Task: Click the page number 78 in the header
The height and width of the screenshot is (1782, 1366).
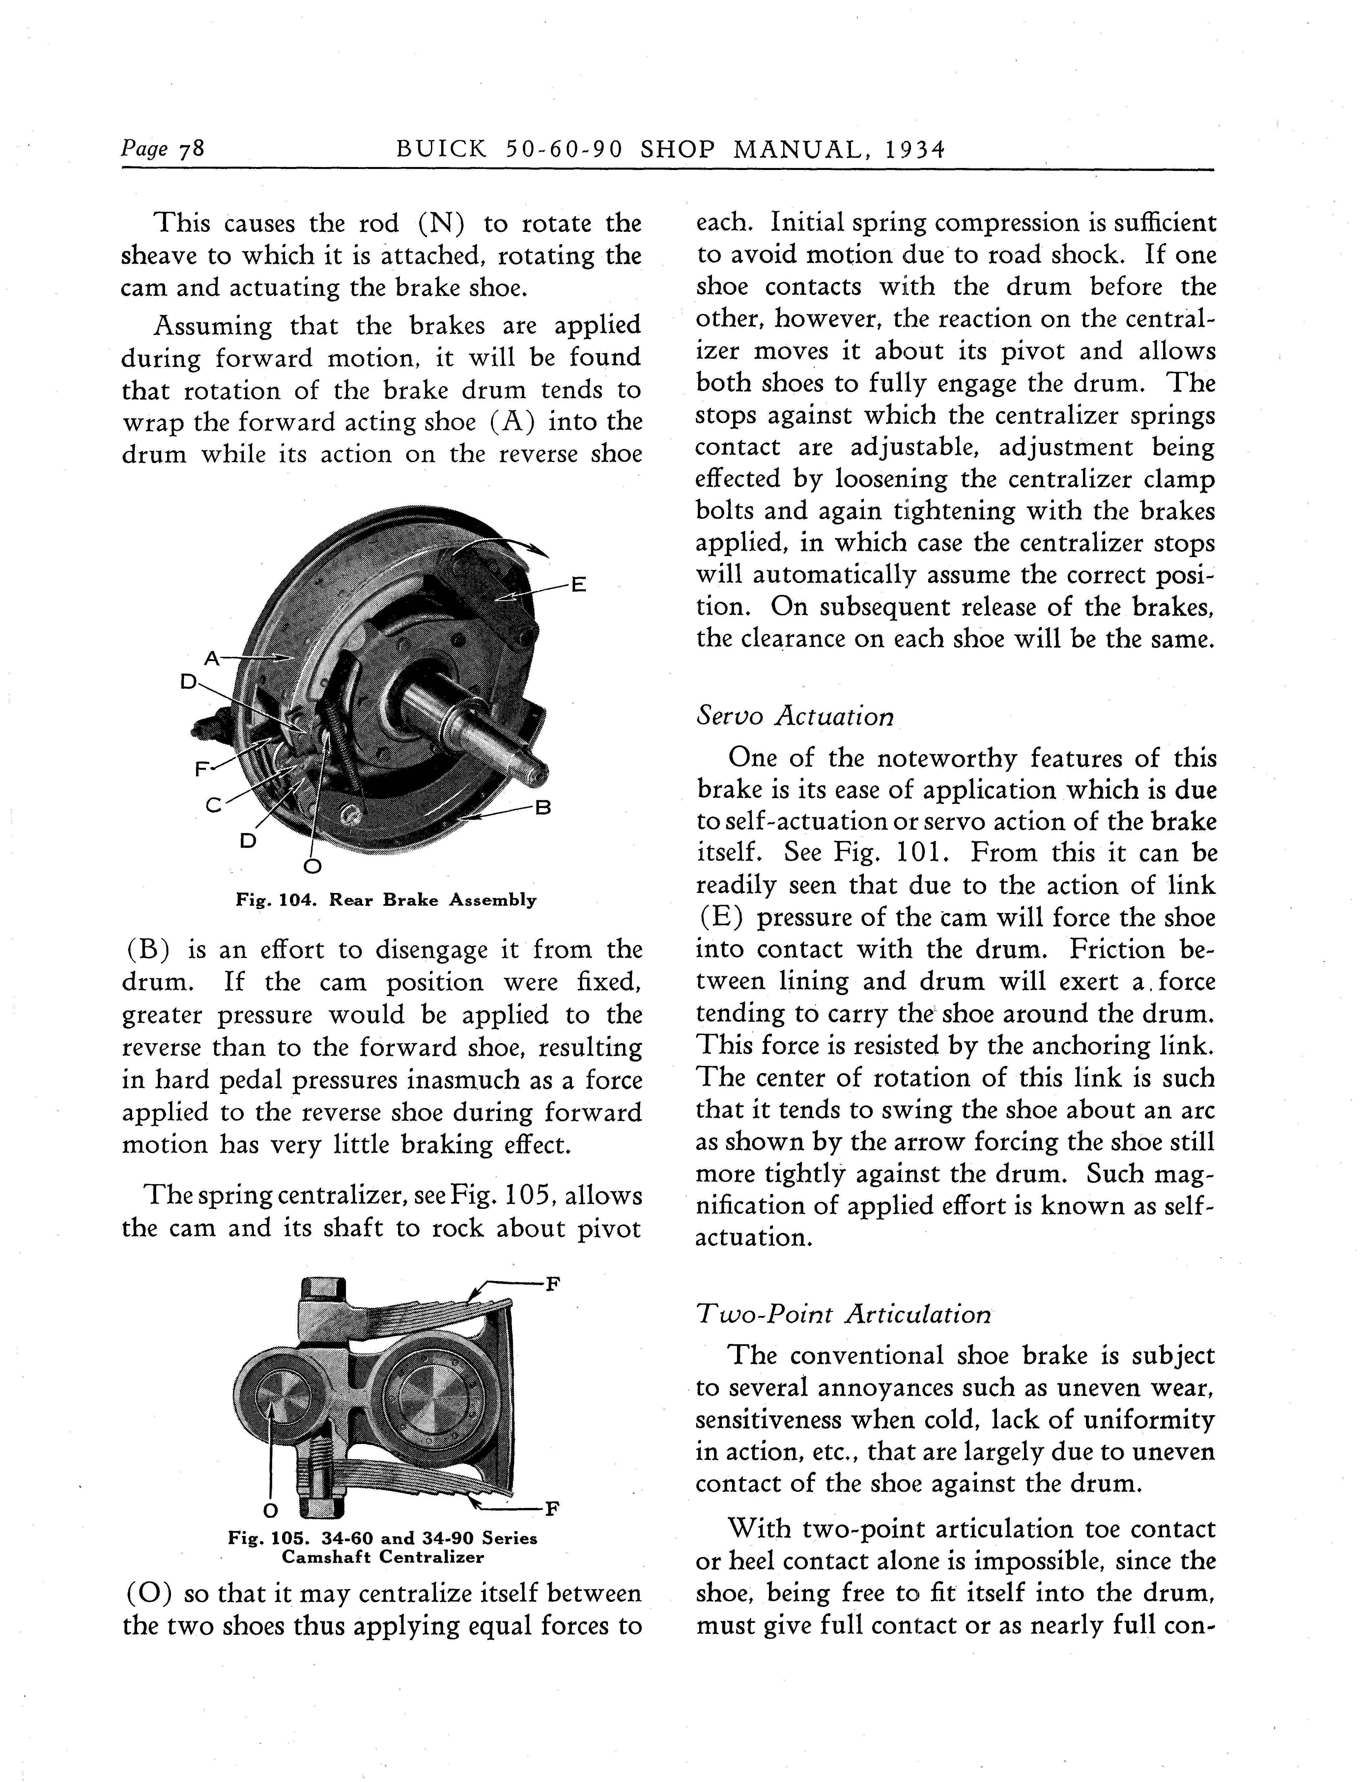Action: [191, 150]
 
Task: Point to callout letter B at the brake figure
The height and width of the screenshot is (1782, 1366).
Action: [543, 807]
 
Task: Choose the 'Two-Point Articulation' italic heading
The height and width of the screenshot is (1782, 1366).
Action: [843, 1315]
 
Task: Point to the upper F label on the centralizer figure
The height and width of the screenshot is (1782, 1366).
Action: [552, 1285]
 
